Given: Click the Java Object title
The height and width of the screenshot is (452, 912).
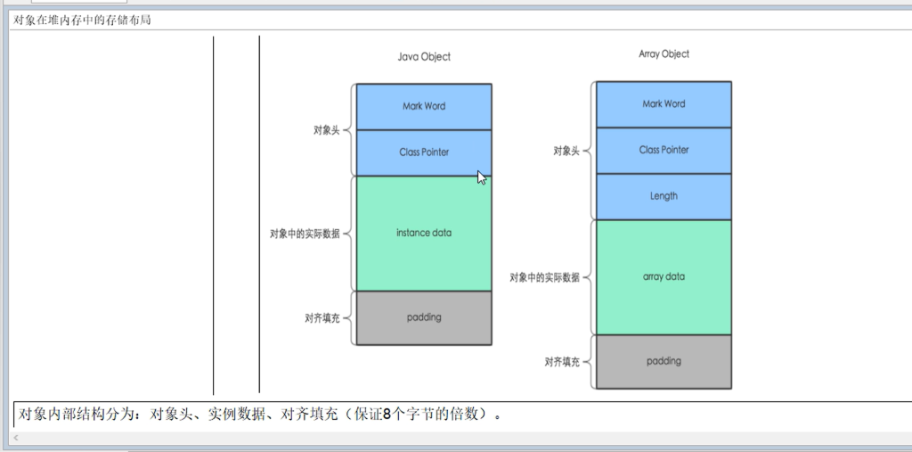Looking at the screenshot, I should pyautogui.click(x=424, y=56).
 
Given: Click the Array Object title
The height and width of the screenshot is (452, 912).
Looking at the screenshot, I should pyautogui.click(x=664, y=53).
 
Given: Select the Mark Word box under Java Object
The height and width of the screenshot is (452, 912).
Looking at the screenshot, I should pyautogui.click(x=424, y=106).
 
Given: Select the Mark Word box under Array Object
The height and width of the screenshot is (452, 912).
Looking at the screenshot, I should pyautogui.click(x=664, y=104).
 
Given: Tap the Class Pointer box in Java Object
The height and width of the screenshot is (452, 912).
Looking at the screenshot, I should pyautogui.click(x=424, y=152).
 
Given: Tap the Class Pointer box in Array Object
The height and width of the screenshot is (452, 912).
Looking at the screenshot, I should pyautogui.click(x=664, y=150).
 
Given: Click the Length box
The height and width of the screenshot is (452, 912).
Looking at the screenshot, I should pyautogui.click(x=664, y=196).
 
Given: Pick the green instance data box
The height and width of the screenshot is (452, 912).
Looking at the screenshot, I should pyautogui.click(x=424, y=233).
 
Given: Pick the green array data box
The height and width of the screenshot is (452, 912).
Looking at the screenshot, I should pyautogui.click(x=664, y=276).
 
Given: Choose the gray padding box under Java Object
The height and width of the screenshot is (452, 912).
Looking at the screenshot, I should pyautogui.click(x=424, y=317).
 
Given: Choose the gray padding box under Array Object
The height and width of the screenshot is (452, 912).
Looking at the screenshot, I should pyautogui.click(x=664, y=361).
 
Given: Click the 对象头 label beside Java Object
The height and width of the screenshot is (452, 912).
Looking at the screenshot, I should pyautogui.click(x=326, y=130).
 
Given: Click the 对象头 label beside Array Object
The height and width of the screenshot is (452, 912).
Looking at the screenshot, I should pyautogui.click(x=566, y=152).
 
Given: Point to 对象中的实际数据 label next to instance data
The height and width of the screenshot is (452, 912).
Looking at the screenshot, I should pyautogui.click(x=305, y=234).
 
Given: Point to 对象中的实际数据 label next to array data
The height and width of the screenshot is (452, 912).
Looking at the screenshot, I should pyautogui.click(x=544, y=277).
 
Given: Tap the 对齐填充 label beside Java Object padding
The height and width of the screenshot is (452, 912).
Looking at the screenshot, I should pyautogui.click(x=322, y=318).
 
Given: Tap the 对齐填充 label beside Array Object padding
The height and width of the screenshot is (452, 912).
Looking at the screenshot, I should pyautogui.click(x=562, y=362).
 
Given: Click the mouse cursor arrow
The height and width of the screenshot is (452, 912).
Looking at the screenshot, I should pyautogui.click(x=482, y=177).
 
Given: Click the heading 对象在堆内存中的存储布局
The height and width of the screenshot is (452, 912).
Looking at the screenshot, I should pyautogui.click(x=82, y=20).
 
